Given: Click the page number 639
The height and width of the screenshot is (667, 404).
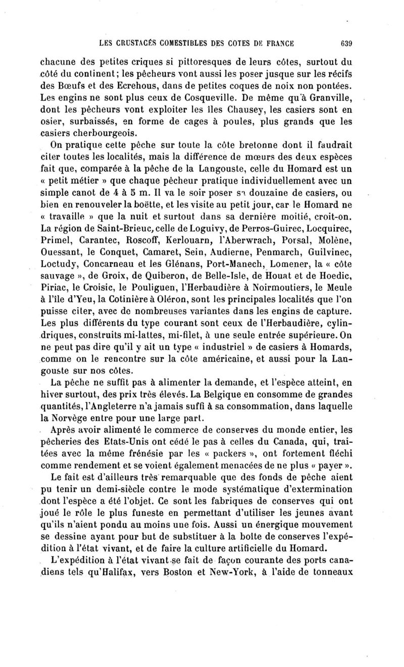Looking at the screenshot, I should pyautogui.click(x=346, y=43).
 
